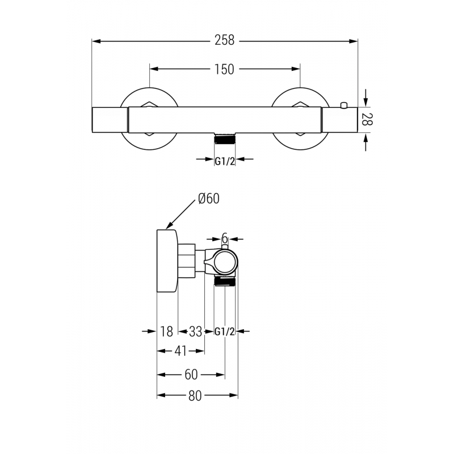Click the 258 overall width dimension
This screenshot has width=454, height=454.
(225, 41)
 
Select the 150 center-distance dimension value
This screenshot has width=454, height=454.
(225, 69)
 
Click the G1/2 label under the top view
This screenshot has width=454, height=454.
(225, 161)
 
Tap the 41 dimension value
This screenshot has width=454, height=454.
(180, 351)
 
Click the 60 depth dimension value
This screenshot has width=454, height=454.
(191, 375)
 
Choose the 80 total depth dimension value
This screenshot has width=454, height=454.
(195, 396)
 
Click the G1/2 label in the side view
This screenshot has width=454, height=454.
(225, 332)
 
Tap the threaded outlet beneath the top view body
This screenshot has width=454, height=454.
(225, 138)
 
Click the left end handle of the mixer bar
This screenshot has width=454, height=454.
(110, 119)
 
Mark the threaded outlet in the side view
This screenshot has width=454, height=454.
(225, 280)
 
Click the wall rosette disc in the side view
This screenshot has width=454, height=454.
(167, 261)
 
